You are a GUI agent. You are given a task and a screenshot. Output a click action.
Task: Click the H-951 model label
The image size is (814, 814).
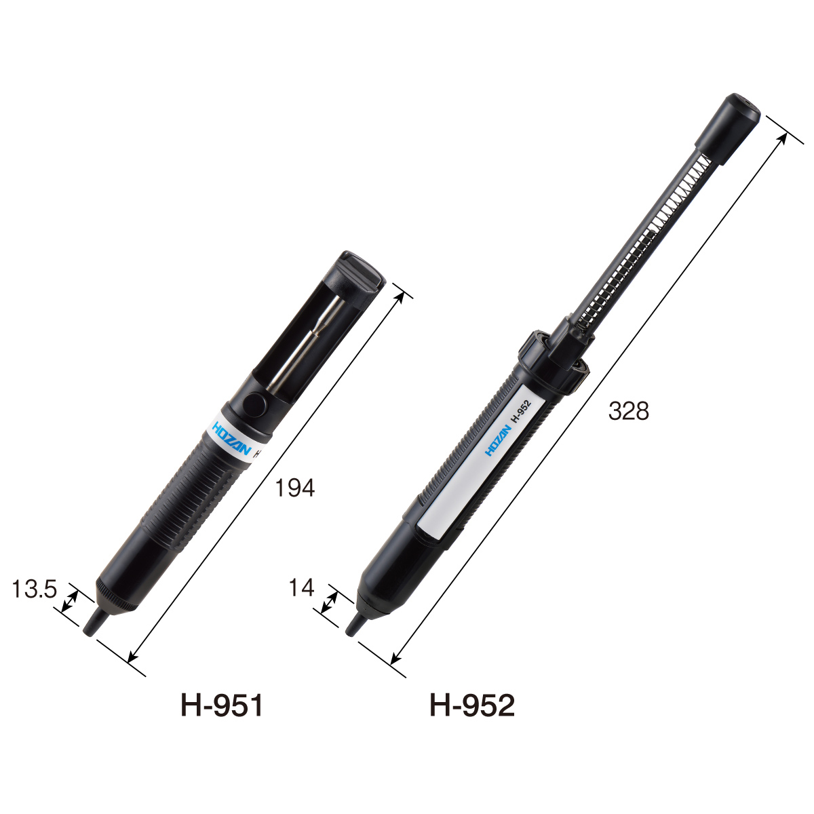(x=222, y=705)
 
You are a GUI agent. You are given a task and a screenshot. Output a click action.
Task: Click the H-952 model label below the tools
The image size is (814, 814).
(x=472, y=705)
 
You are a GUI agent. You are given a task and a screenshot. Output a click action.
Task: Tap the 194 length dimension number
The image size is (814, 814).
(x=295, y=488)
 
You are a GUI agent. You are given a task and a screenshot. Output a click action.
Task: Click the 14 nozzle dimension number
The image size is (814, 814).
(x=301, y=587)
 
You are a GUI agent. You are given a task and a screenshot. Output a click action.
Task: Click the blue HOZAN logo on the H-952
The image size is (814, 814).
(x=498, y=441)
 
